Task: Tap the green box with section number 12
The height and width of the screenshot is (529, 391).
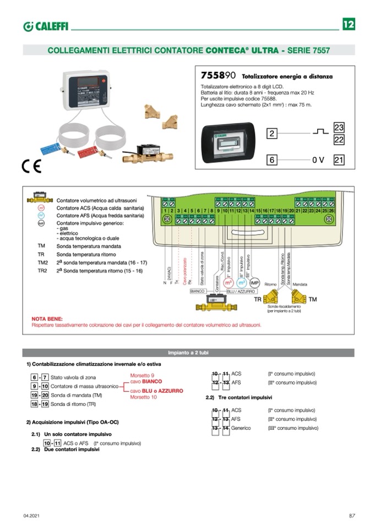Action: coord(348,25)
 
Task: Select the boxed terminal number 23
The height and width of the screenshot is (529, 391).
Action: coord(339,127)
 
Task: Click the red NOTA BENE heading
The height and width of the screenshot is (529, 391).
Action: coord(47,319)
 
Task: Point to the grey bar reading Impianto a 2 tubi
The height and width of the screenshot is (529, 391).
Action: coord(188,352)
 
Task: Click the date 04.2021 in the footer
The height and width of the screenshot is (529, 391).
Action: coord(31,515)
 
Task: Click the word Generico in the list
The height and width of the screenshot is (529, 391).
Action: coord(241,428)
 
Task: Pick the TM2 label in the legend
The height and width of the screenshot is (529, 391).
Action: coord(43,263)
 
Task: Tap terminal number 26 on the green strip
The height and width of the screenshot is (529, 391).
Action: coord(332,211)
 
